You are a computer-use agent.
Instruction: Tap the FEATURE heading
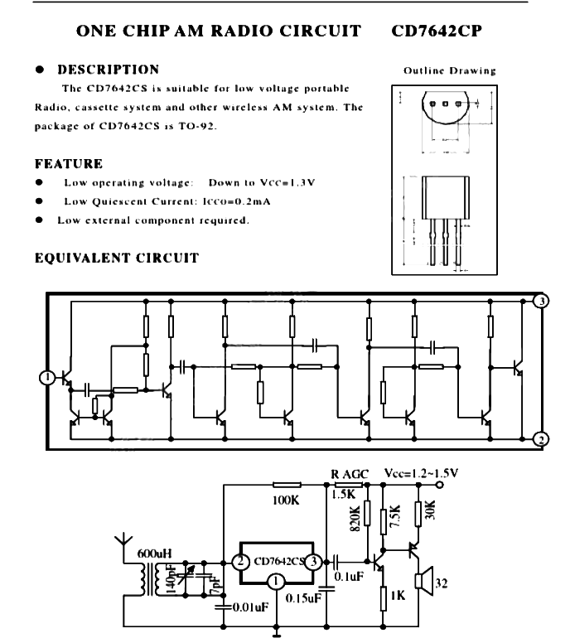[x=69, y=164]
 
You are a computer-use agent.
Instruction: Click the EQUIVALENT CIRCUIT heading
[x=117, y=258]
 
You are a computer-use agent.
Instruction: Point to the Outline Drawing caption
[x=450, y=71]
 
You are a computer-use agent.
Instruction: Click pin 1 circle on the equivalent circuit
[x=48, y=378]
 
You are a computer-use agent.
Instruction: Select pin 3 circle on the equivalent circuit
[x=540, y=301]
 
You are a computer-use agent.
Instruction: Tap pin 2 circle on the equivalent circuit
[x=540, y=439]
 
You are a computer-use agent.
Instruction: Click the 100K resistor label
[x=284, y=501]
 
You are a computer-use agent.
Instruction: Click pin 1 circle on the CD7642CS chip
[x=274, y=583]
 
